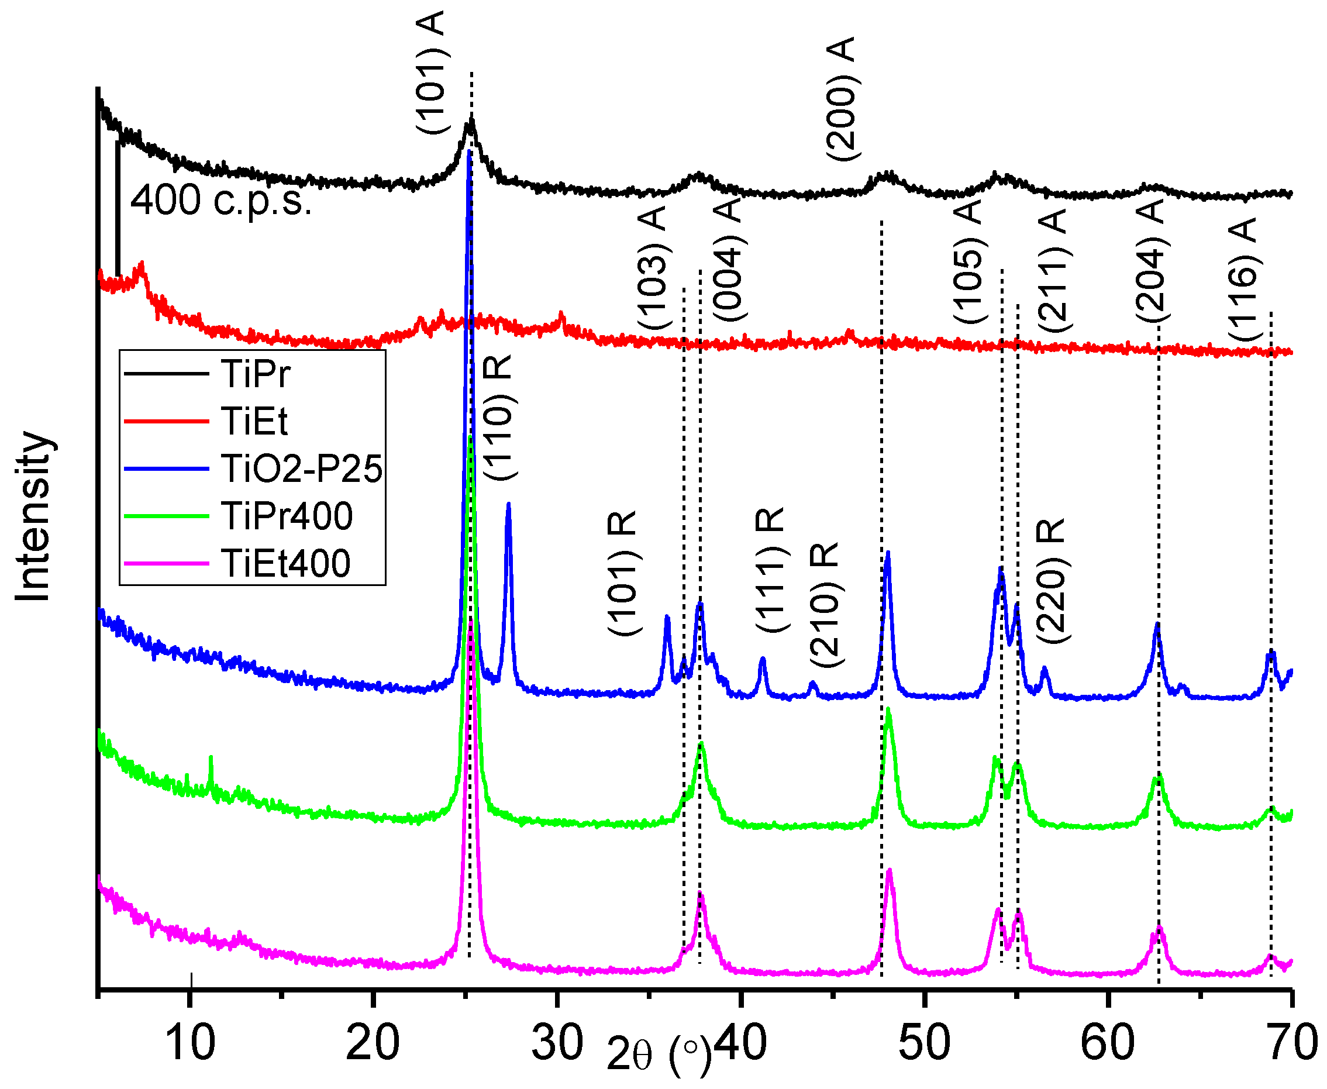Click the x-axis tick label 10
pyautogui.click(x=189, y=1044)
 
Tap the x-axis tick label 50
pyautogui.click(x=924, y=1044)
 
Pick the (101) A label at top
pyautogui.click(x=432, y=72)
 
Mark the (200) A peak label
pyautogui.click(x=841, y=99)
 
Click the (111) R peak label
pyautogui.click(x=770, y=571)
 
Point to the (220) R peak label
pyautogui.click(x=1051, y=581)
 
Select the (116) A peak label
pyautogui.click(x=1243, y=280)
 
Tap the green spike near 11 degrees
pyautogui.click(x=211, y=760)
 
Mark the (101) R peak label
pyautogui.click(x=623, y=573)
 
